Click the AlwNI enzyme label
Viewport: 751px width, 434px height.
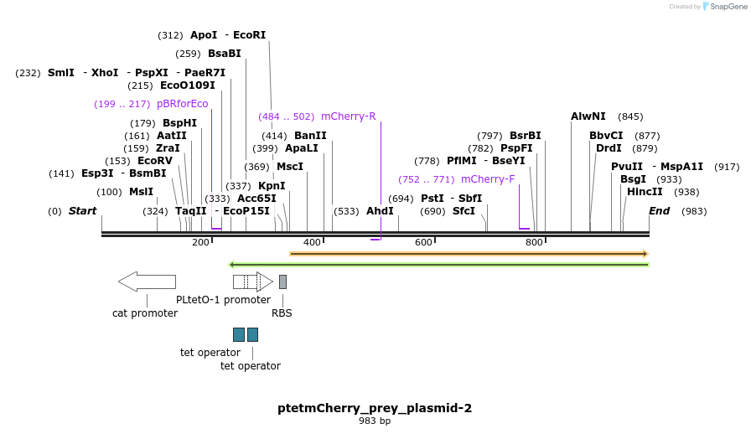tap(588, 116)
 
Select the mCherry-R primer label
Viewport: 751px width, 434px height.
tap(348, 116)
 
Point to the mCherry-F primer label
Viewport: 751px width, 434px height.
tap(488, 179)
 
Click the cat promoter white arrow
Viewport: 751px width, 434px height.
tap(147, 282)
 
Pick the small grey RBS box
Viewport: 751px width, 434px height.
tap(282, 282)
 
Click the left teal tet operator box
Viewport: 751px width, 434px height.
tap(239, 334)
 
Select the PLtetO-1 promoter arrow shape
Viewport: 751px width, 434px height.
tap(252, 282)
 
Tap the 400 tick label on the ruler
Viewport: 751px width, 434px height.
tap(312, 243)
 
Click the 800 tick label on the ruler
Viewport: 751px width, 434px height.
tap(534, 243)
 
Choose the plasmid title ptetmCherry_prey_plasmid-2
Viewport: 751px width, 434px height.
tap(375, 408)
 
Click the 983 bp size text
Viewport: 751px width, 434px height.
tap(375, 421)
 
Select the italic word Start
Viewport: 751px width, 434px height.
tap(82, 211)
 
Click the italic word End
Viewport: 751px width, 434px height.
tap(659, 211)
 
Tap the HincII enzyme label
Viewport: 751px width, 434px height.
tap(645, 192)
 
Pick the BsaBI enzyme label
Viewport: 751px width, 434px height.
tap(225, 54)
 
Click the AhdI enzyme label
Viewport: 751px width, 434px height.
tap(380, 211)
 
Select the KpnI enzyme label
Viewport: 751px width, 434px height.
tap(272, 186)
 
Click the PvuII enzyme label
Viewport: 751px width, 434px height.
tap(627, 167)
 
